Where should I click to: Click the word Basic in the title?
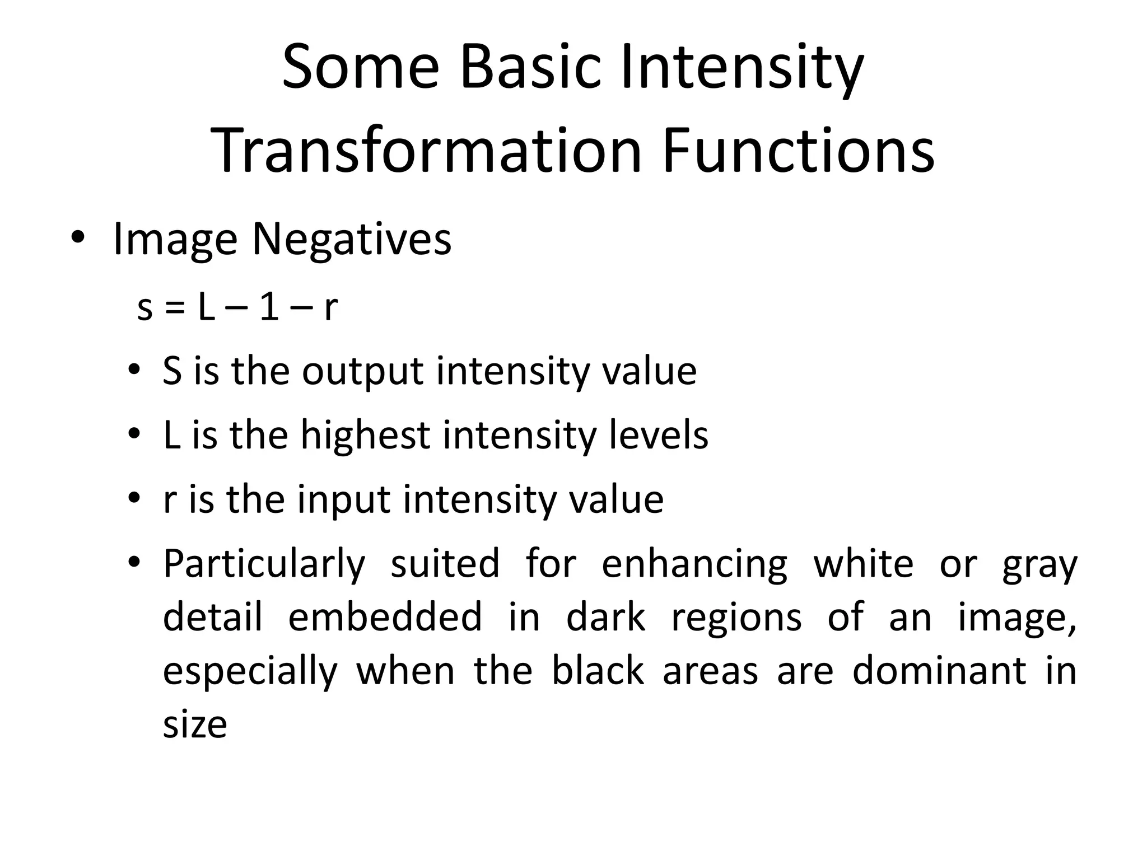[530, 68]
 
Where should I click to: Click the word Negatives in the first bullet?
[351, 240]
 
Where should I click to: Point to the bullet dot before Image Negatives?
[78, 239]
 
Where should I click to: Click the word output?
[362, 372]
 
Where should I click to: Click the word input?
[343, 500]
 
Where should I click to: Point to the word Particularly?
[264, 564]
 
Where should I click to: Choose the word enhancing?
[694, 564]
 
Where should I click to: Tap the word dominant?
[939, 671]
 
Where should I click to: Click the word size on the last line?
[195, 725]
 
